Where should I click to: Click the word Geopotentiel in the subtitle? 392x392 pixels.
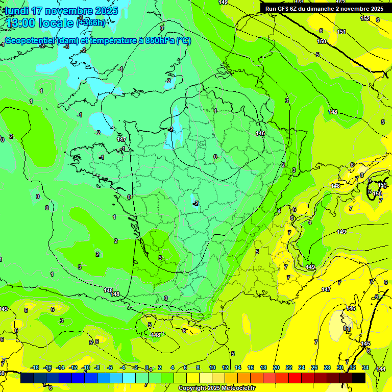[29, 41]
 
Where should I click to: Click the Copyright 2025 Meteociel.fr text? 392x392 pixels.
[216, 388]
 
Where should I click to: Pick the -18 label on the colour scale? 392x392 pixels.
[35, 368]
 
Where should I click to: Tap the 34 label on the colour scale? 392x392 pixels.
[365, 368]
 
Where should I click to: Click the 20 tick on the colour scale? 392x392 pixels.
[276, 368]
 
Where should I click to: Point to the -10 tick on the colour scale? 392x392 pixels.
[86, 368]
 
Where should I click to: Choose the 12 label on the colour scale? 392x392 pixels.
[225, 368]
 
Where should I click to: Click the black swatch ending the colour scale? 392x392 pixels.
[359, 378]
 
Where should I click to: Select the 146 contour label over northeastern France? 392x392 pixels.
[260, 133]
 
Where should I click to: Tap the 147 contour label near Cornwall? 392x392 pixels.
[121, 139]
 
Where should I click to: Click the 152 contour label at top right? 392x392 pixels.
[365, 18]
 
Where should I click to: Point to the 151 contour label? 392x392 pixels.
[341, 32]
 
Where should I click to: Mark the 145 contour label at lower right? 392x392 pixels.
[365, 344]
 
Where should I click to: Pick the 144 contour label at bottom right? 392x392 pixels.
[381, 369]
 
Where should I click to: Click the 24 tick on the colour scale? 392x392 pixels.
[302, 368]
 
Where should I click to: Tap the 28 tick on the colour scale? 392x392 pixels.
[327, 368]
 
